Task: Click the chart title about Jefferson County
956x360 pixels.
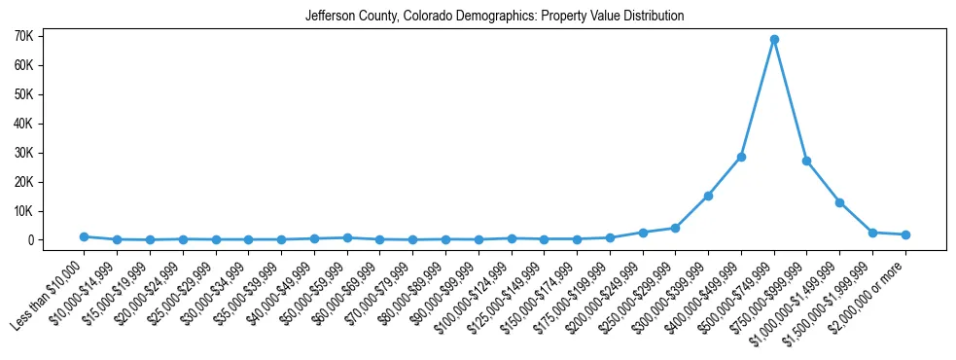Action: (x=494, y=17)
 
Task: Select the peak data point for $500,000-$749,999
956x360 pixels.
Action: (x=774, y=40)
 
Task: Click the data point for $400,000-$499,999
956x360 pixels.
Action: (x=741, y=157)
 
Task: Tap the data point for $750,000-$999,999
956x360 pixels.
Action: (x=807, y=161)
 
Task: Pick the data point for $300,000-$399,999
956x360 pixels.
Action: (x=708, y=196)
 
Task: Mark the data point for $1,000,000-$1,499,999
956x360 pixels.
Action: (x=839, y=202)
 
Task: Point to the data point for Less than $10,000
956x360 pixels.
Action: (x=85, y=236)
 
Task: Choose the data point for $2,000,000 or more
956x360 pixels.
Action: (x=905, y=234)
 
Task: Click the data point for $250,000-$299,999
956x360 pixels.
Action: (x=676, y=228)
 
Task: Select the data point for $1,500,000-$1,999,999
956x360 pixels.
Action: (x=872, y=233)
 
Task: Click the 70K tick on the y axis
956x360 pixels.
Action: (x=51, y=36)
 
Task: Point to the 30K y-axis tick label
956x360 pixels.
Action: (x=51, y=153)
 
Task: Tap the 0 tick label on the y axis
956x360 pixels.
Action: (x=58, y=240)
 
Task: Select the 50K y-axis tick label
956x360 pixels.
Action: (x=51, y=94)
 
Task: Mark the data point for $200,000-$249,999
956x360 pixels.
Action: (x=643, y=233)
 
